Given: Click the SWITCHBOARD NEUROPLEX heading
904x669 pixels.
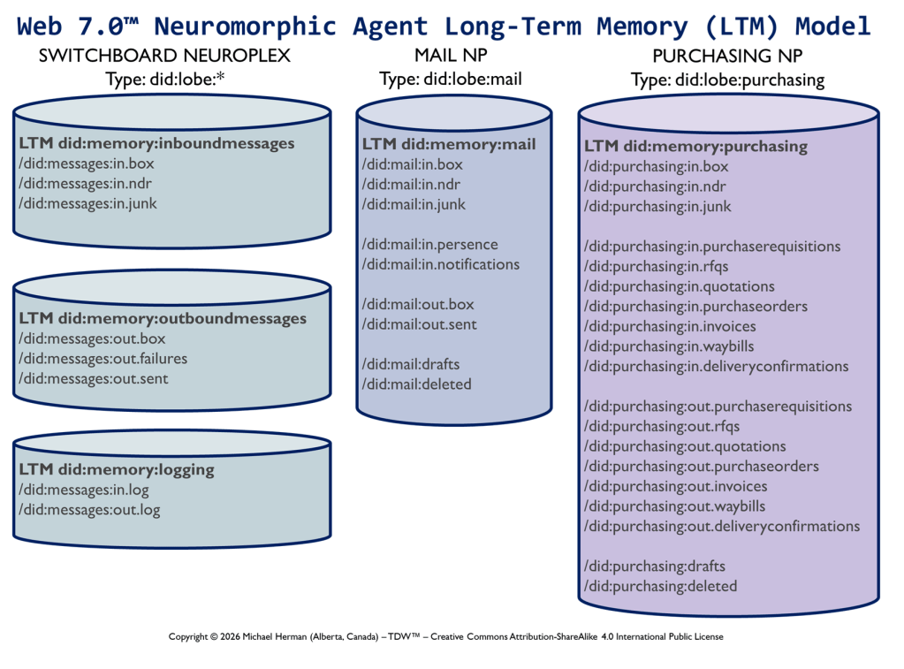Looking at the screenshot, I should pos(164,56).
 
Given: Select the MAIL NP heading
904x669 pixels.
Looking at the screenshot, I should pos(451,56).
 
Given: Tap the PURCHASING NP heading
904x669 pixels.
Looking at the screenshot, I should pos(727,56).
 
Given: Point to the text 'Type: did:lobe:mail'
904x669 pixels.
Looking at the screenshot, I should pos(451,80).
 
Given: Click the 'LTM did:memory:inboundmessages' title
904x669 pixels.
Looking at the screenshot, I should pos(156,143).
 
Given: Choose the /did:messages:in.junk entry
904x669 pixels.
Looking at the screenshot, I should pos(87,203).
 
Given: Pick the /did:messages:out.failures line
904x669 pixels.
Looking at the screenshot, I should pos(103,359).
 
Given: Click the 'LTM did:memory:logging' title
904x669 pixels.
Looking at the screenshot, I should pos(117,469).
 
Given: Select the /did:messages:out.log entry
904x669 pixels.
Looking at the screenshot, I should pos(89,510).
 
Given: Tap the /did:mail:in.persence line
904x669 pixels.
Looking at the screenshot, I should pos(429,245).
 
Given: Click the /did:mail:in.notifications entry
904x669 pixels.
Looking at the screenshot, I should pos(440,264).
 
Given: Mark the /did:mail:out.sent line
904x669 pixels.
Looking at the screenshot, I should pos(419,324).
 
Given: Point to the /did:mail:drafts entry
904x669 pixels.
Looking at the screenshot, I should pos(411,364).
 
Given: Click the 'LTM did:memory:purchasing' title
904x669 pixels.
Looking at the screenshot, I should pos(695,146).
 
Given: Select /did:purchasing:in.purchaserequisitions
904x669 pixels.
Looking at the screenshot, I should pos(712,247).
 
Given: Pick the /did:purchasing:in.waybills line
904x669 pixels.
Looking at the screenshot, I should pos(669,346).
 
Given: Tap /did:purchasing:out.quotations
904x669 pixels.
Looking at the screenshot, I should pos(685,446).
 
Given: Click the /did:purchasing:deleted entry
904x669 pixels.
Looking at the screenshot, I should pos(660,586).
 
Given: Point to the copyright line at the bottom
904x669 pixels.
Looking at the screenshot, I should pos(445,636).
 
